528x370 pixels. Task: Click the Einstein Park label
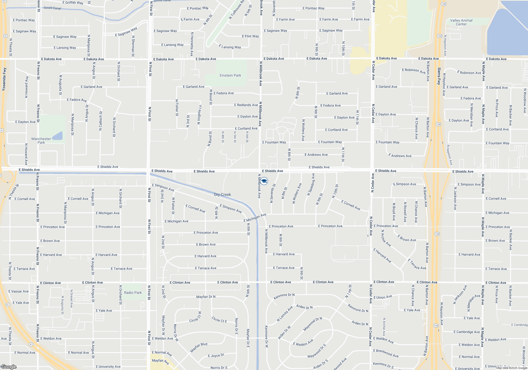coord(230,76)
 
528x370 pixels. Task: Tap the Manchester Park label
coord(41,141)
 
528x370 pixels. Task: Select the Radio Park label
coord(133,293)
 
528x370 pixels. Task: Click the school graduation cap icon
coord(264,181)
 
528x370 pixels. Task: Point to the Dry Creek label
coord(223,195)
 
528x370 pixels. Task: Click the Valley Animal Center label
coord(461,22)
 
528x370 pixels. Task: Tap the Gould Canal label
coord(52,8)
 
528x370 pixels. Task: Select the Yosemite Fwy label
coord(4,79)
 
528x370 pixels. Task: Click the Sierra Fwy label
coord(439,76)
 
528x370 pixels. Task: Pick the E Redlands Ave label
coord(246,105)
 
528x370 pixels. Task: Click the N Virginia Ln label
coord(200,115)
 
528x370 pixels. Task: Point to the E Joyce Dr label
coord(216,356)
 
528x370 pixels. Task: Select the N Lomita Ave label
coord(285,314)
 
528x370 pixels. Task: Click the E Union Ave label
coord(383,297)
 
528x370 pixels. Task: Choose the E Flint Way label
coord(250,36)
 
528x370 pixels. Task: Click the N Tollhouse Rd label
coord(237,10)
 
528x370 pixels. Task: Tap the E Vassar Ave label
coord(18,292)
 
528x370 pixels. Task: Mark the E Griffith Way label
coord(73,3)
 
